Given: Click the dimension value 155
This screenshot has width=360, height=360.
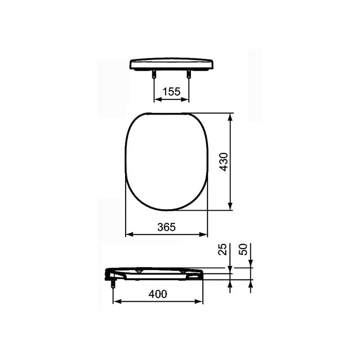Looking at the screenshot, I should [x=171, y=91].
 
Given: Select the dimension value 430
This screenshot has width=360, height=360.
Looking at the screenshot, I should [x=223, y=162].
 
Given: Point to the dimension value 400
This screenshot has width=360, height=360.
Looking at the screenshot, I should [x=158, y=294].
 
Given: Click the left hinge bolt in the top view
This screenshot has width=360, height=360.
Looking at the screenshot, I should [x=153, y=75].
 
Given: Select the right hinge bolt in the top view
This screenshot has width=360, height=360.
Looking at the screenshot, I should [x=188, y=75].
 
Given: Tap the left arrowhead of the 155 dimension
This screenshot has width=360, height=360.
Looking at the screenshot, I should [x=156, y=99].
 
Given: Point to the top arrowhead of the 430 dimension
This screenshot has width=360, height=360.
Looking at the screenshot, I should [x=230, y=116].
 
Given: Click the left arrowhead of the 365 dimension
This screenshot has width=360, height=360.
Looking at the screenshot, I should [x=128, y=234].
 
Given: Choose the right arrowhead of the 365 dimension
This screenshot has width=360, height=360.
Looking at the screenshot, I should [x=205, y=234].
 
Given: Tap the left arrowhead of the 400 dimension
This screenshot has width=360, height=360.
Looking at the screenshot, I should [x=117, y=302].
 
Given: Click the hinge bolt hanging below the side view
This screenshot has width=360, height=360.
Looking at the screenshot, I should [x=113, y=284].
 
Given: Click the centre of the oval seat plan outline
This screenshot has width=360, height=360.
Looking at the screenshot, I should [x=167, y=161].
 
